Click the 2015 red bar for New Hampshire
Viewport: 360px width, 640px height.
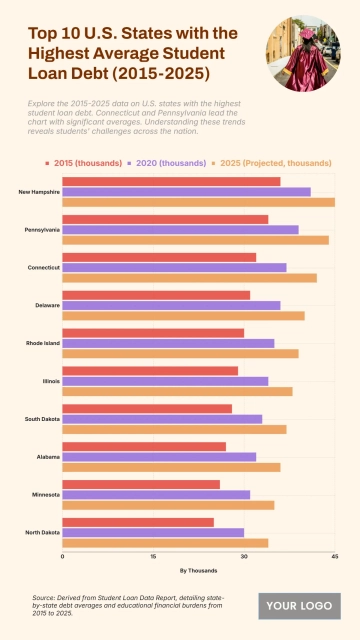coord(171,181)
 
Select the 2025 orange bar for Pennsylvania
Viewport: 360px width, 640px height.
coord(195,240)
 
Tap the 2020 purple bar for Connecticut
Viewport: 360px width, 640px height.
coord(174,267)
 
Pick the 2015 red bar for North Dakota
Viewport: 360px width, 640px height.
coord(138,522)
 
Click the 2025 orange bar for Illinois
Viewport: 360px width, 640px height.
coord(177,391)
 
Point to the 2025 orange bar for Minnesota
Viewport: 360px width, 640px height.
coord(168,505)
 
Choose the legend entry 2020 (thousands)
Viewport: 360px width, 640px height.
coord(172,162)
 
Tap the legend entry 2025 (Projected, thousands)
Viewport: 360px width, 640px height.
coord(276,162)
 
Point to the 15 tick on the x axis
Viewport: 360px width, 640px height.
coord(153,556)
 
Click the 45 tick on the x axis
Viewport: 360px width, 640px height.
coord(334,556)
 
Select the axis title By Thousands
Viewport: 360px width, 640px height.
coord(198,570)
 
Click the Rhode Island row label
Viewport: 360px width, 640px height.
coord(43,343)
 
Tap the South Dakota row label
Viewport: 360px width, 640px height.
coord(43,419)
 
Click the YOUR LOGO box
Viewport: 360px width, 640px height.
coord(300,606)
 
